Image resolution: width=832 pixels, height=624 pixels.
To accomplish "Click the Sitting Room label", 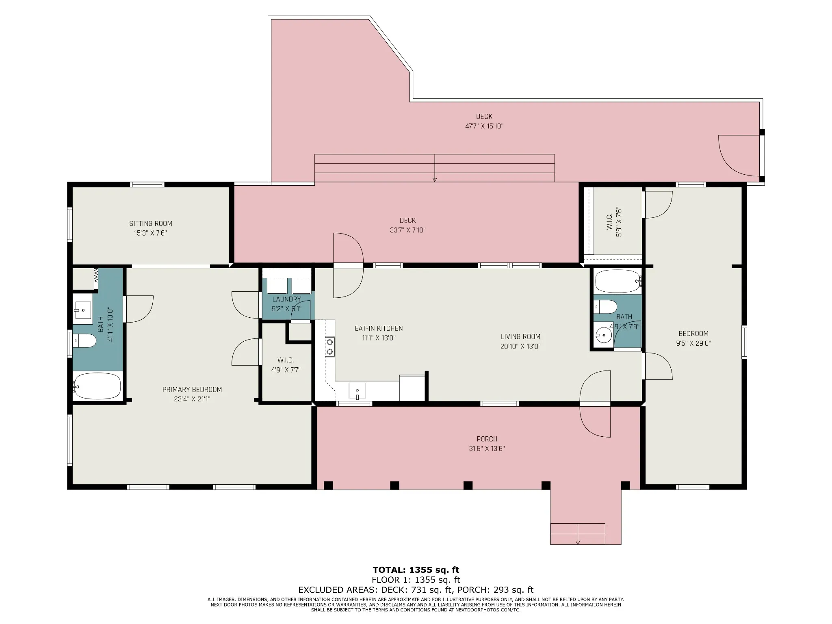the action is click(151, 223).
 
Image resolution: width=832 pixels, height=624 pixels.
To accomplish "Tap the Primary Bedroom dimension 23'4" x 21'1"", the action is click(192, 399).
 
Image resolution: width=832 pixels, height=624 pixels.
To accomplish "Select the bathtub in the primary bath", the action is click(97, 386).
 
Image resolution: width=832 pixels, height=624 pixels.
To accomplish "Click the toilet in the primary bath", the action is click(84, 341).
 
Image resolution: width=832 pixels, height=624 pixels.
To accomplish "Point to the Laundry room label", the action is click(287, 299).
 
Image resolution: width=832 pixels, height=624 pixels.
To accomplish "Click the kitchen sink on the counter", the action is click(357, 391).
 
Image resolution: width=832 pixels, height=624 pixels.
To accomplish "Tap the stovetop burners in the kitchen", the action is click(330, 347).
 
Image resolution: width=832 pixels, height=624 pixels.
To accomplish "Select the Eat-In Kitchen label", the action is click(379, 328).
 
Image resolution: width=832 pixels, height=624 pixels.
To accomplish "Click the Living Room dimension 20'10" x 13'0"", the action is click(520, 347).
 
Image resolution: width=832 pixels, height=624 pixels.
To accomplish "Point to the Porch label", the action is click(487, 439).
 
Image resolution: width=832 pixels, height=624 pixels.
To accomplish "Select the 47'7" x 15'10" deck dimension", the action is click(484, 126).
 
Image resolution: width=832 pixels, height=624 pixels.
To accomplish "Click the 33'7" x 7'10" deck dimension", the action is click(407, 230).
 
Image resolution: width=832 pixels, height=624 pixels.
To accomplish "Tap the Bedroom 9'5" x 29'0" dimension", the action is click(693, 343).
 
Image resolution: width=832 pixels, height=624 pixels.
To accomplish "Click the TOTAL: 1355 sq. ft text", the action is click(416, 570).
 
